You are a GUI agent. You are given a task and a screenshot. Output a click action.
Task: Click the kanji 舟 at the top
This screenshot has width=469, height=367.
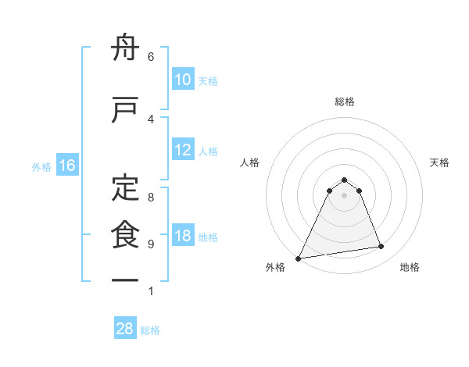pyautogui.click(x=125, y=49)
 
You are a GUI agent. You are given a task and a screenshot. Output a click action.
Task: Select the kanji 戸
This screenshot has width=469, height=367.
pyautogui.click(x=125, y=110)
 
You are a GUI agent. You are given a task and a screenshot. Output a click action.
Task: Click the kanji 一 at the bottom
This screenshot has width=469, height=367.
pyautogui.click(x=125, y=280)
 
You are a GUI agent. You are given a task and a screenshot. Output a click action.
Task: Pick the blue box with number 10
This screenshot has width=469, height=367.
pyautogui.click(x=183, y=80)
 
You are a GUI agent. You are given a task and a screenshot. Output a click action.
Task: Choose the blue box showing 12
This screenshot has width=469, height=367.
pyautogui.click(x=183, y=151)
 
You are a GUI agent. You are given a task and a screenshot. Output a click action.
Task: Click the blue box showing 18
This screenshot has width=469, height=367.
pyautogui.click(x=183, y=237)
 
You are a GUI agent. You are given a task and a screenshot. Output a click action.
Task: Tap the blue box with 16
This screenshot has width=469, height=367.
pyautogui.click(x=66, y=166)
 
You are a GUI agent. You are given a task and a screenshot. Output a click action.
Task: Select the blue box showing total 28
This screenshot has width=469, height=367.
pyautogui.click(x=124, y=329)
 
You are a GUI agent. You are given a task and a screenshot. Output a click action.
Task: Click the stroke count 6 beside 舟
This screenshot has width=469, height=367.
pyautogui.click(x=150, y=56)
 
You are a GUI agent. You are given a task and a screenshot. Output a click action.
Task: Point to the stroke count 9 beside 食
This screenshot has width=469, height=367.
pyautogui.click(x=150, y=244)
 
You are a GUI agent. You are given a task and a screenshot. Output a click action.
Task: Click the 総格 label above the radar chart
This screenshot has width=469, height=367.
pyautogui.click(x=344, y=102)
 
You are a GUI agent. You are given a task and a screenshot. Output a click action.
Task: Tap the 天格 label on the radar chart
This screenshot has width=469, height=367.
pyautogui.click(x=439, y=162)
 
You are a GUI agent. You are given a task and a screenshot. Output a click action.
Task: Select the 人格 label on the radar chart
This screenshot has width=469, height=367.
pyautogui.click(x=249, y=162)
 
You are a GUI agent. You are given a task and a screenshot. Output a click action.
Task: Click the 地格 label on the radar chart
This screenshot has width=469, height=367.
pyautogui.click(x=410, y=267)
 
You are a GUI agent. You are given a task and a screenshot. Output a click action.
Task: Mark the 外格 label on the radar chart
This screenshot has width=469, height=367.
pyautogui.click(x=275, y=267)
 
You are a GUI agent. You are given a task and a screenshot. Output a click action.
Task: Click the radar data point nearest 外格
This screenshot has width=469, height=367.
pyautogui.click(x=299, y=258)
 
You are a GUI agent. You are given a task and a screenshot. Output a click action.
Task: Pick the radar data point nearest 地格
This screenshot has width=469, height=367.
pyautogui.click(x=381, y=247)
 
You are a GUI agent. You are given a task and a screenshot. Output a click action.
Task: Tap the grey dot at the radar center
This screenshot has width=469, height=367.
pyautogui.click(x=344, y=195)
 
